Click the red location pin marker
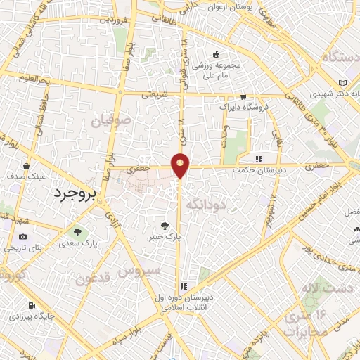181,165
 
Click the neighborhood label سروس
139,270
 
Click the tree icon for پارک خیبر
165,226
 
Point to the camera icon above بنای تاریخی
23,237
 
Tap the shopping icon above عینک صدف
26,167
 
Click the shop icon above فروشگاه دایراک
243,98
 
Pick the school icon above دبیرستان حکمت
259,159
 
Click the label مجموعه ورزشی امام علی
215,71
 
